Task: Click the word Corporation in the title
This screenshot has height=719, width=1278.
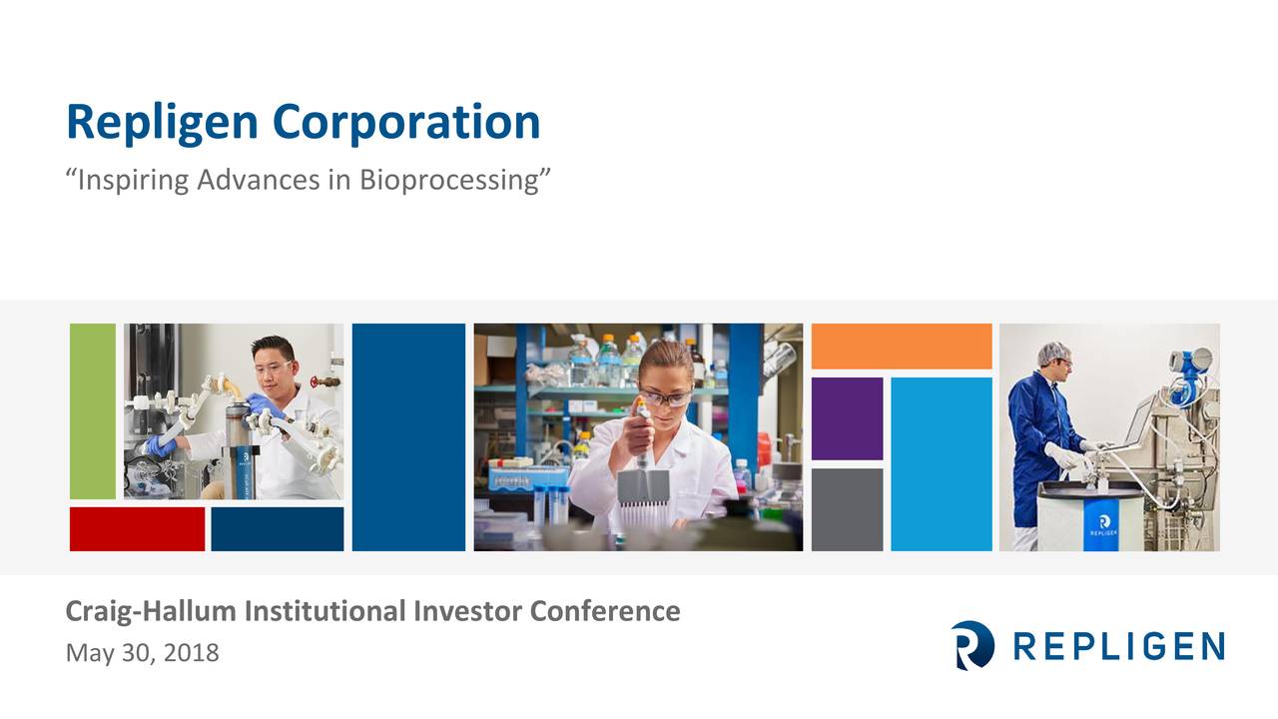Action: [x=405, y=122]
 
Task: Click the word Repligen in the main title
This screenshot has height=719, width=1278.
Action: [x=164, y=122]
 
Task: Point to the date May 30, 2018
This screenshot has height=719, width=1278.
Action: [x=142, y=654]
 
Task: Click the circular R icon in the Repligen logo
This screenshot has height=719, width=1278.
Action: [x=972, y=645]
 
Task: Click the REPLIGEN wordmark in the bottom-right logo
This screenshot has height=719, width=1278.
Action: [x=1118, y=646]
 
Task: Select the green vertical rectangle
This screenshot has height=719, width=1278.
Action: [x=93, y=410]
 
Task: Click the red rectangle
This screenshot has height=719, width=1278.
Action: [x=137, y=528]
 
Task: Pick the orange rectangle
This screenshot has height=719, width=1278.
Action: [x=901, y=347]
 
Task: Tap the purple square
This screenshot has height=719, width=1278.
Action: [x=847, y=418]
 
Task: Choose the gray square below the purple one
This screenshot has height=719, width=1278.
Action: [x=847, y=509]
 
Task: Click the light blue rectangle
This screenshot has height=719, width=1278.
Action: [x=941, y=463]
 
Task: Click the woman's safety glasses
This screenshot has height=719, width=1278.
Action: [x=663, y=397]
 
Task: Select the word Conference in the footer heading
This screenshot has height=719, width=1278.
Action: [x=605, y=610]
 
